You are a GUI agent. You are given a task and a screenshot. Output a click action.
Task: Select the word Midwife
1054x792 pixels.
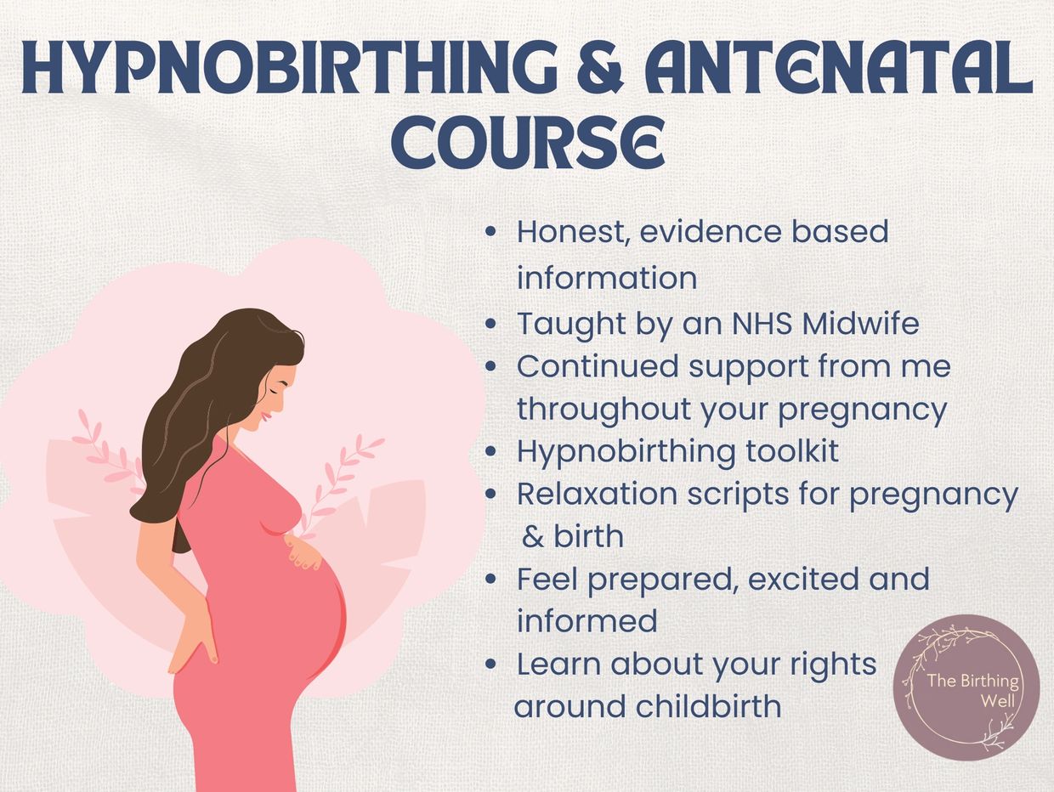tap(861, 323)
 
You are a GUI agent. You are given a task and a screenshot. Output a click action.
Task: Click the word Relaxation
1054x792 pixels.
tap(597, 494)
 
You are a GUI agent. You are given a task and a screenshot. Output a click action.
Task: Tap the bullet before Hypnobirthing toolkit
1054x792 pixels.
tap(490, 451)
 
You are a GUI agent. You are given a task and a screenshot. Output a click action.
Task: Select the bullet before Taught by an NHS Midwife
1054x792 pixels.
tap(490, 324)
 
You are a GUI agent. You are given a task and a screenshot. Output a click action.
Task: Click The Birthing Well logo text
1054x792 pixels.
tap(973, 690)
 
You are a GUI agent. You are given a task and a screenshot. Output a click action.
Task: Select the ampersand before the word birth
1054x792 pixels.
tap(532, 537)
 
